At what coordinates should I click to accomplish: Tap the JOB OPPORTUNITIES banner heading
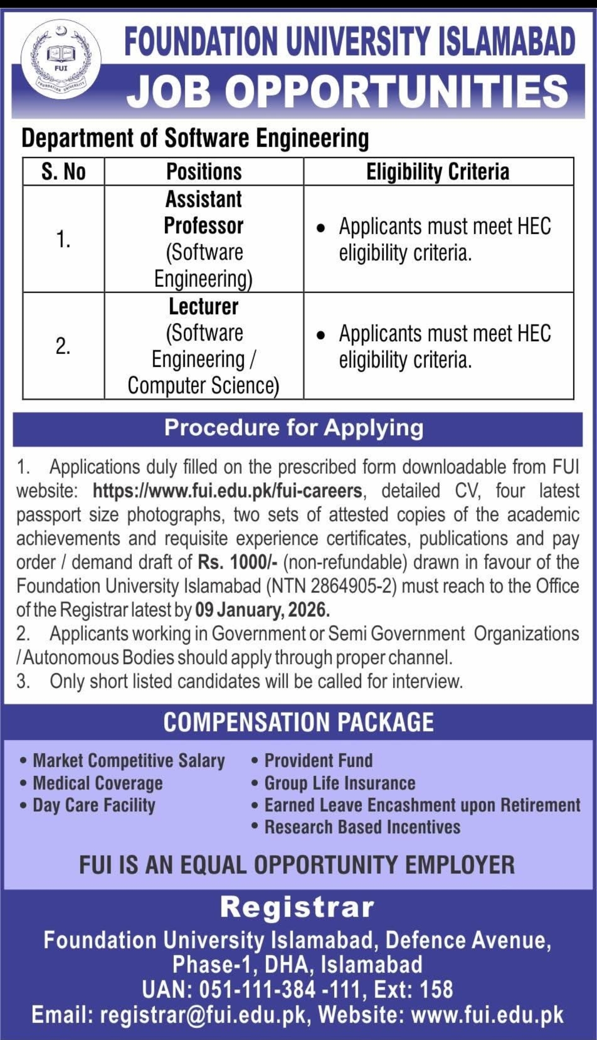[x=347, y=91]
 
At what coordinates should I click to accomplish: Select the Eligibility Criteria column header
[x=438, y=172]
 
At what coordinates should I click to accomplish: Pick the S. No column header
[x=63, y=172]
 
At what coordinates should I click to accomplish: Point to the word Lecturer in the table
[x=204, y=307]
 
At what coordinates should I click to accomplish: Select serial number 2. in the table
[x=63, y=347]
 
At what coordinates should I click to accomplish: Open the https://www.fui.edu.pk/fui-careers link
[x=228, y=491]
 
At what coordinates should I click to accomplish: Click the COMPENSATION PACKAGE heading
[x=298, y=722]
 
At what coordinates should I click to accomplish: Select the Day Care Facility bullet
[x=94, y=805]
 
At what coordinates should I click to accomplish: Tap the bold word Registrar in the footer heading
[x=297, y=907]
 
